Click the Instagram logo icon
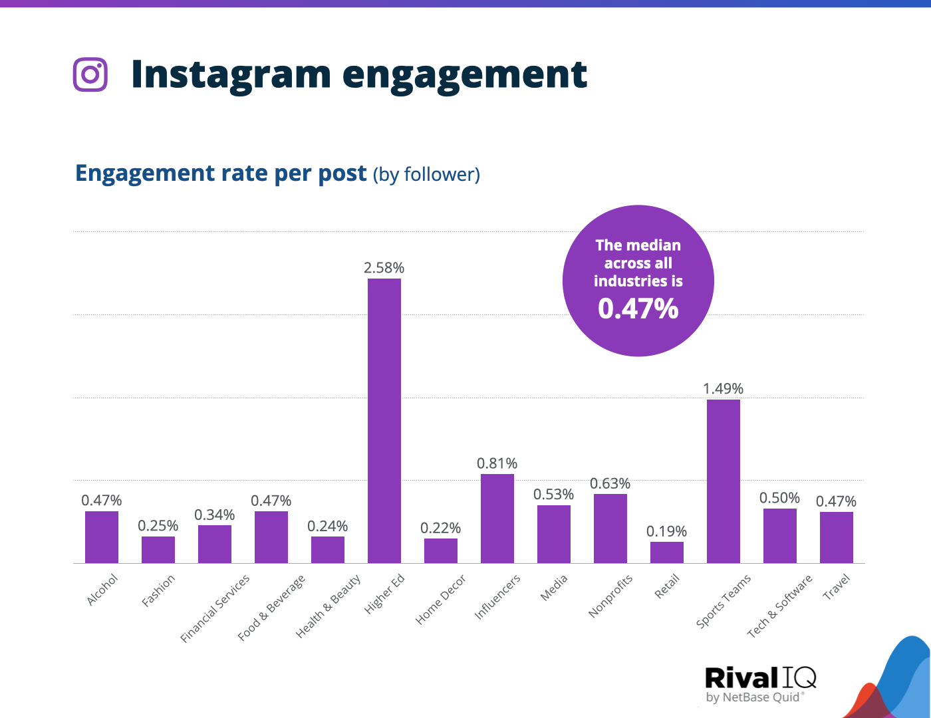pos(90,74)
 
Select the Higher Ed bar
pos(384,421)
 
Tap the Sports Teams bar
pos(724,481)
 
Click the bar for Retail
pos(667,552)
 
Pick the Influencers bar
pos(497,519)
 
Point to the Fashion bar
pos(158,550)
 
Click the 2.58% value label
pos(384,268)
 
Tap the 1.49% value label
pos(723,388)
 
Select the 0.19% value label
pos(666,531)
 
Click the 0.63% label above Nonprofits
pos(610,483)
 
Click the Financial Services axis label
pos(215,608)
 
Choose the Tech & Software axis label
pos(779,606)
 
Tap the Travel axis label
pos(837,587)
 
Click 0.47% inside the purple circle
pos(638,308)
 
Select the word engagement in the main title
pos(465,74)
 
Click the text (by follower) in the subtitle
pos(426,174)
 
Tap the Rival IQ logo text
pos(760,678)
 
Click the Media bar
pos(554,534)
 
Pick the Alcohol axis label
pos(102,590)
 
